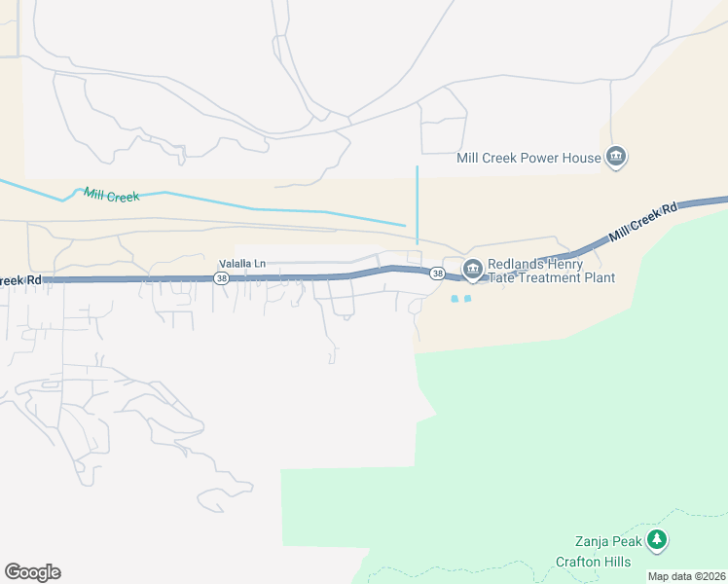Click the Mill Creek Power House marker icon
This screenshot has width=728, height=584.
[x=615, y=157]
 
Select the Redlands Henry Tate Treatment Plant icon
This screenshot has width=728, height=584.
[x=473, y=269]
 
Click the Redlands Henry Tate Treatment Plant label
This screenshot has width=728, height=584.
[x=550, y=271]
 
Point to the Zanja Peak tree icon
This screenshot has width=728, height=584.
[x=658, y=540]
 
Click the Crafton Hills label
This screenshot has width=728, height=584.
[x=593, y=562]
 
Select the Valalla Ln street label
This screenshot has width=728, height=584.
[x=241, y=263]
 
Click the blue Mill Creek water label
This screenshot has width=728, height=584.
[x=111, y=195]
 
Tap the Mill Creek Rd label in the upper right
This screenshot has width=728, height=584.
[x=642, y=223]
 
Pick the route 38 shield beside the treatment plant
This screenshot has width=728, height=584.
[x=438, y=274]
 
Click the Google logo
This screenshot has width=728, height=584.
[x=32, y=572]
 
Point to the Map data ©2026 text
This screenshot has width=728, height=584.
[x=687, y=576]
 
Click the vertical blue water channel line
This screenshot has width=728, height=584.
[x=417, y=204]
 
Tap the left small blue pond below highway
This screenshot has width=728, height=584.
[x=455, y=298]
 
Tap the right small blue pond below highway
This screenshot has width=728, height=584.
[x=468, y=298]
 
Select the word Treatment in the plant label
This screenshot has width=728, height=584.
[x=552, y=278]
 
